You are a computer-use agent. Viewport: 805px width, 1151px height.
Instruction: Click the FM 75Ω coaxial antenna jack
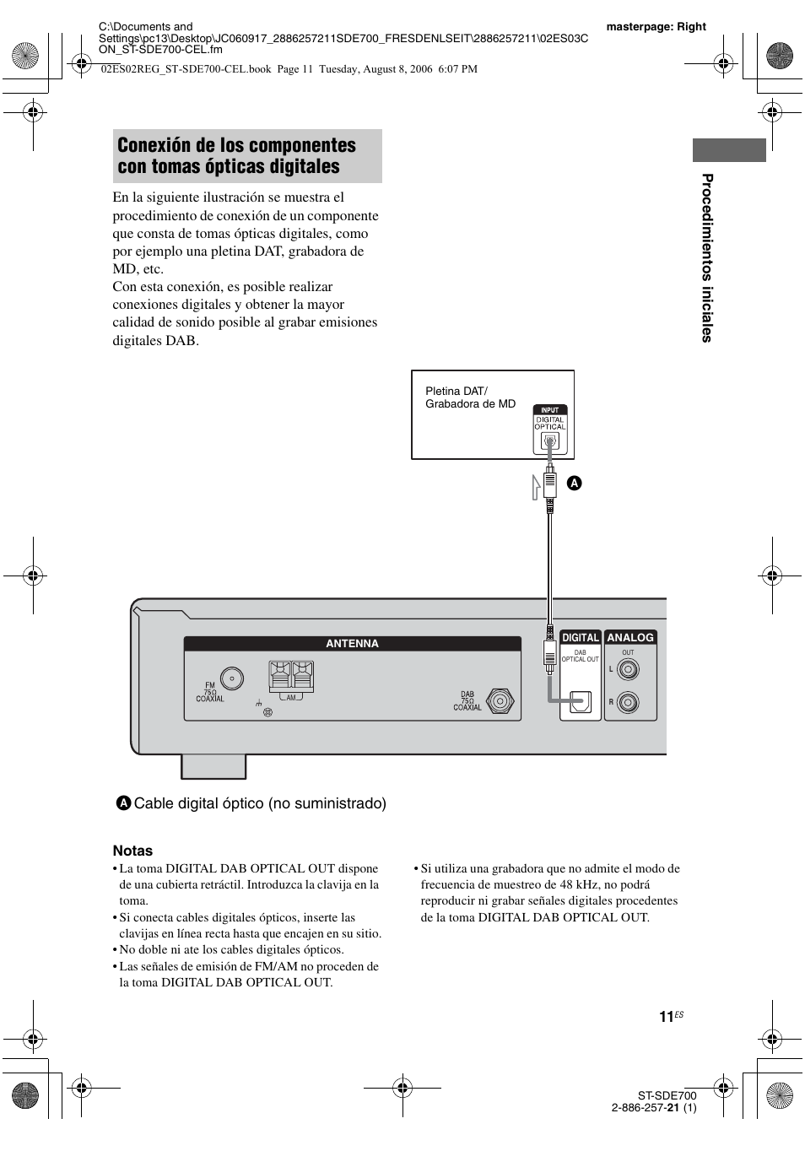[231, 678]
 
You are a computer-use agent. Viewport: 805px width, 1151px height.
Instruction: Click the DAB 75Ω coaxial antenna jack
[500, 701]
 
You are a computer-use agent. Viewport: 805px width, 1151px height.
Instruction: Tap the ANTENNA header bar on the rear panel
[352, 644]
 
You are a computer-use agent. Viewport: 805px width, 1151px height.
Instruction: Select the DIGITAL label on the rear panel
[581, 638]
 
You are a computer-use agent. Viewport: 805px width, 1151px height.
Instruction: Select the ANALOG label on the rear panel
[630, 638]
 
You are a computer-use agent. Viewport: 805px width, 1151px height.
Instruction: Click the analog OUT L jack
[627, 670]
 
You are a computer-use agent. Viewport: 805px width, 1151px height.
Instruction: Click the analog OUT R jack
[627, 702]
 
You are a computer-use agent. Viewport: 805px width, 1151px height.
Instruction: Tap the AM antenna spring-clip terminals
[291, 676]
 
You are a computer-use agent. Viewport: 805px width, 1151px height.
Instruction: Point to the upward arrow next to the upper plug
[536, 487]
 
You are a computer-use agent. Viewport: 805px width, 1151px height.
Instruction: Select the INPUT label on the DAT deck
[549, 410]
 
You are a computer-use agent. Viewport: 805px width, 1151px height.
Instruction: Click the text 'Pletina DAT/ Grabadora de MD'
[469, 397]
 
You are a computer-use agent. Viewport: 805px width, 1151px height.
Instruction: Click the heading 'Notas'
[132, 851]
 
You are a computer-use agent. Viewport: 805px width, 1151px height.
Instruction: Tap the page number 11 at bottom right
[667, 1017]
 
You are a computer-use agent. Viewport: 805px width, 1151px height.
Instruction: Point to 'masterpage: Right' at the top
[656, 26]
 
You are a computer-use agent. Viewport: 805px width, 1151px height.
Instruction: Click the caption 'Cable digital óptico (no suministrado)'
[259, 803]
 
